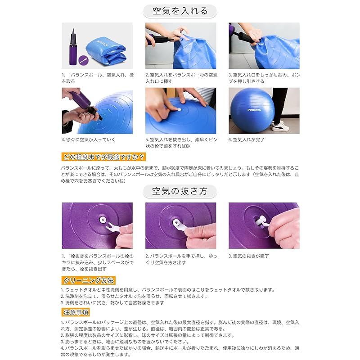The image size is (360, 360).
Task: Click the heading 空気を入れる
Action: coord(180,11)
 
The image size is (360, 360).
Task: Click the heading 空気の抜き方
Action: coord(180,191)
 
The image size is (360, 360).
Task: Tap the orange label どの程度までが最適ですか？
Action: coord(103,157)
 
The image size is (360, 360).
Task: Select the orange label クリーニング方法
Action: coord(88,280)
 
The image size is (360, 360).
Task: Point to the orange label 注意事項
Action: coord(76,312)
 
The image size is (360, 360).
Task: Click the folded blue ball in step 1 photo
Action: coord(106,52)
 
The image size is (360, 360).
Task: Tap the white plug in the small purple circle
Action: coord(84,60)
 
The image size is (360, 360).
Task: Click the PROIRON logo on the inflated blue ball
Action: coord(254,110)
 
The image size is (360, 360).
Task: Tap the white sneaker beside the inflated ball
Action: coord(280,126)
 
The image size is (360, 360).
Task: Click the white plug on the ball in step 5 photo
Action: coord(179,109)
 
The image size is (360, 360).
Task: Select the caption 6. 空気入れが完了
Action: coord(246,140)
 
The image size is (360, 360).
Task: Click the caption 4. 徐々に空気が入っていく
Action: coord(89,140)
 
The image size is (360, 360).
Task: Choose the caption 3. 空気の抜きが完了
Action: coord(249,256)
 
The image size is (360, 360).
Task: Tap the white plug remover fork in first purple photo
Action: coord(112,227)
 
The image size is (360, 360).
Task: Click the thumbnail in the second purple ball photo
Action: coord(193,230)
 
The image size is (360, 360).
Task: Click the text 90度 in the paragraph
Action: coord(174,168)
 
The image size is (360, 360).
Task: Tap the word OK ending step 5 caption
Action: coord(188,146)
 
